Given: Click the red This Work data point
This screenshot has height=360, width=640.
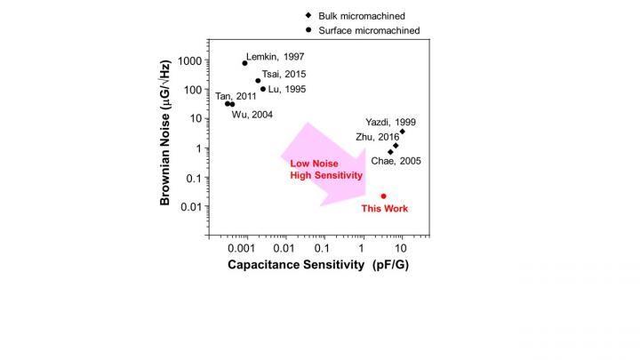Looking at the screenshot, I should point(383,196).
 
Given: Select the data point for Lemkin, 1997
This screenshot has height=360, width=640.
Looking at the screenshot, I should point(244,63).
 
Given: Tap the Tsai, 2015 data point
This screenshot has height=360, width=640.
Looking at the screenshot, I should point(258,81).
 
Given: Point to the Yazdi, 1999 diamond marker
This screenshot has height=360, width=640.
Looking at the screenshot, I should point(402,132).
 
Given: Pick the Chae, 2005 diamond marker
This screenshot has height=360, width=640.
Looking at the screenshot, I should point(390,152).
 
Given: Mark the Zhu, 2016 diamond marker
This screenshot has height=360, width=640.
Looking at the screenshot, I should point(396,146).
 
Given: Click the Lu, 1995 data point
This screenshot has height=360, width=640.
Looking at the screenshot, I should point(263,89).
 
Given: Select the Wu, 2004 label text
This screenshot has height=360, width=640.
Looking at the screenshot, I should point(252,115).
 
